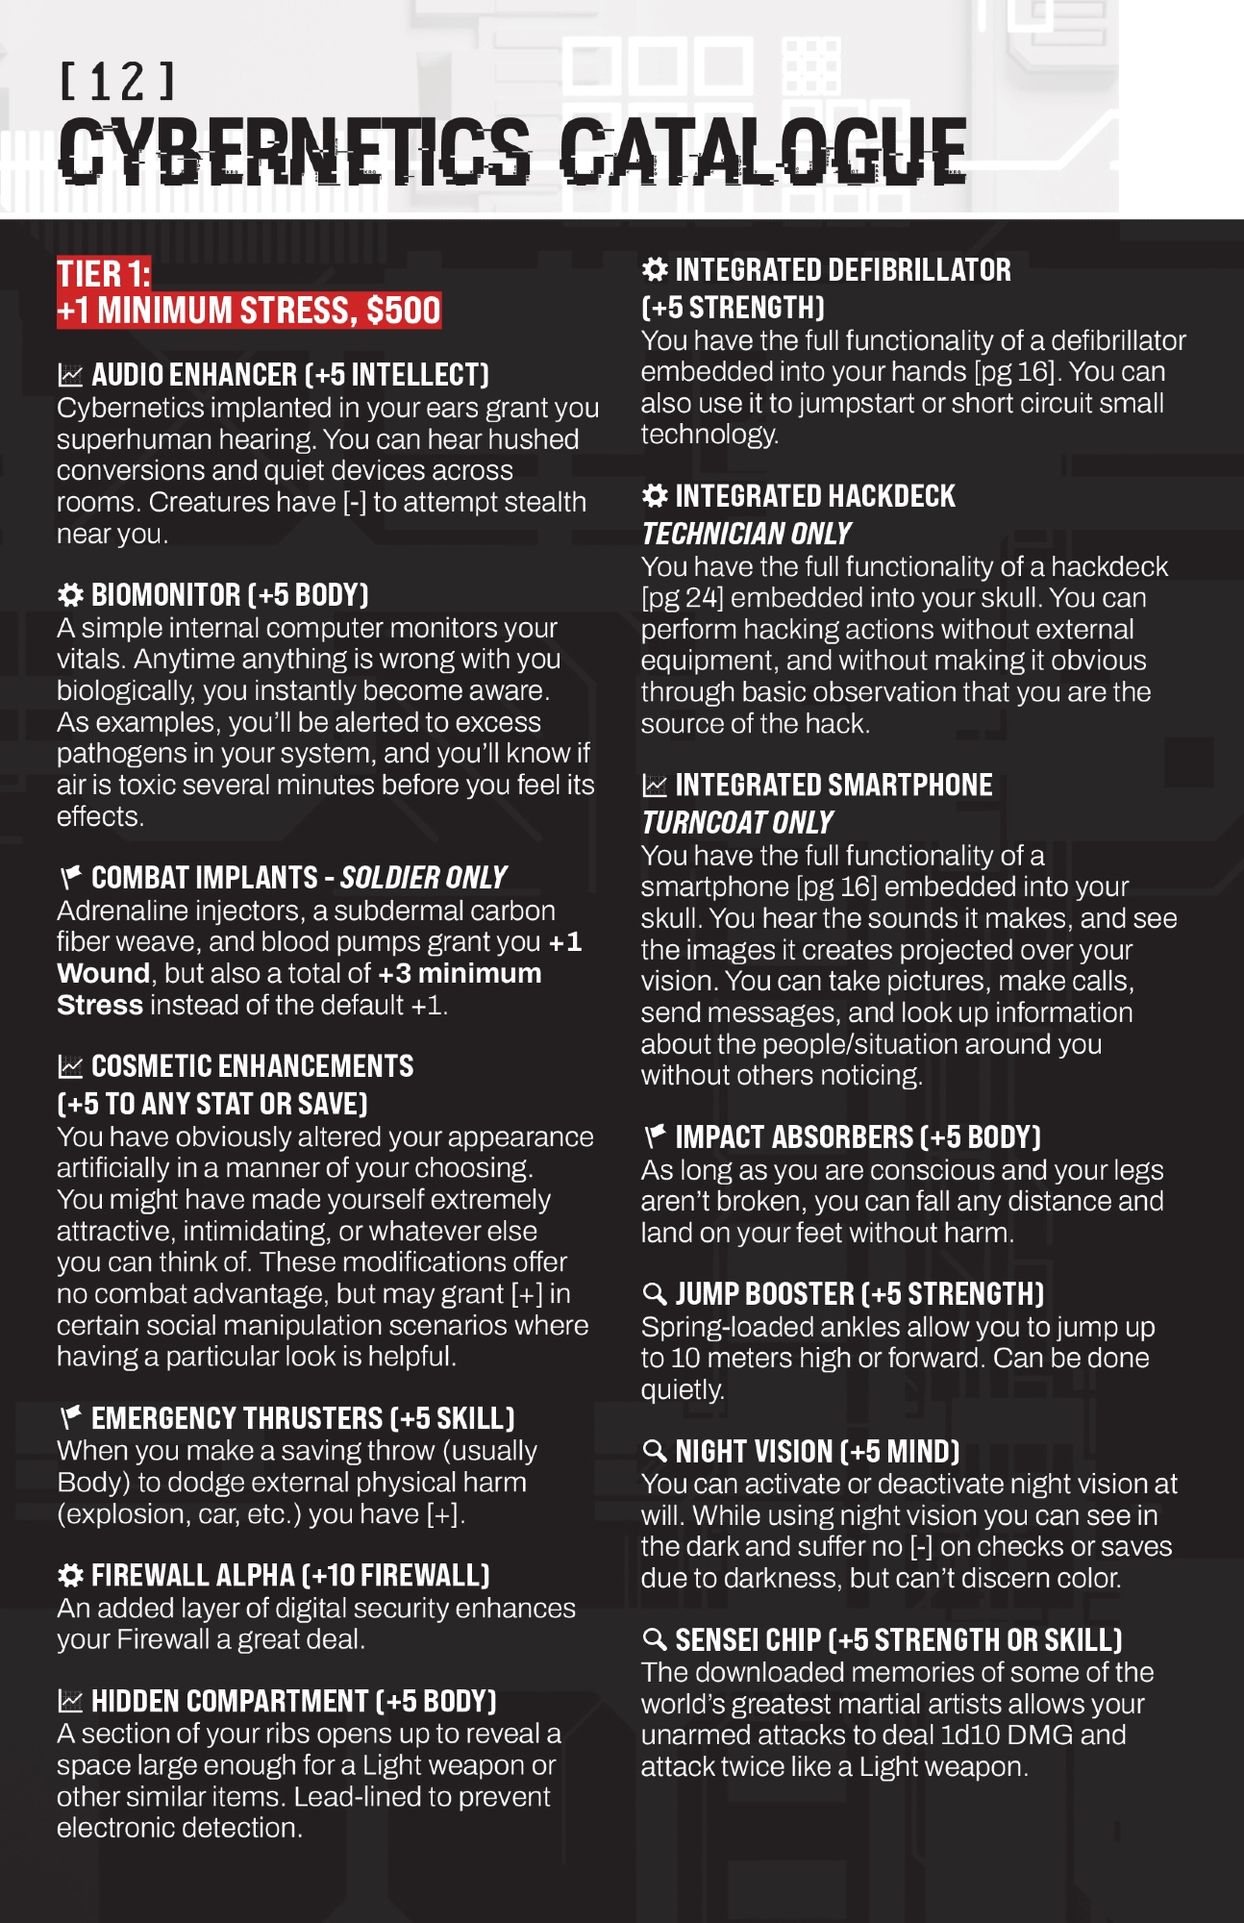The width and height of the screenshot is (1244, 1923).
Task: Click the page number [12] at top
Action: pyautogui.click(x=117, y=82)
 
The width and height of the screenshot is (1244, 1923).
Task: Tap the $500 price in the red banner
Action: pyautogui.click(x=403, y=311)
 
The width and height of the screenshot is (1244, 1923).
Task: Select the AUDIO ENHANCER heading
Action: pyautogui.click(x=289, y=374)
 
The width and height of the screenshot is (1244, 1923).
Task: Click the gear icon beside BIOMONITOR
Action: pyautogui.click(x=70, y=595)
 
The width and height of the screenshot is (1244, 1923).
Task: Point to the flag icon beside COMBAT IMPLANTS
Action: pyautogui.click(x=70, y=877)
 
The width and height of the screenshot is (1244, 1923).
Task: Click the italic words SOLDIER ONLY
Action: pyautogui.click(x=423, y=878)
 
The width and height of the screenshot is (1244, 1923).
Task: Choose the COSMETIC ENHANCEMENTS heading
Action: pyautogui.click(x=252, y=1066)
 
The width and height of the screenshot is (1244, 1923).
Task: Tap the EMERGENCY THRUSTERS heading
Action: pyautogui.click(x=302, y=1418)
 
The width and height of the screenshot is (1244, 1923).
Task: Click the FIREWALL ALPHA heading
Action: pyautogui.click(x=289, y=1575)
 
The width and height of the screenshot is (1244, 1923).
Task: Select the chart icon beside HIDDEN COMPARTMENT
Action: pyautogui.click(x=70, y=1701)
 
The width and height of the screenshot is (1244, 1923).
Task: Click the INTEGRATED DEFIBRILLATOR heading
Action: pyautogui.click(x=842, y=270)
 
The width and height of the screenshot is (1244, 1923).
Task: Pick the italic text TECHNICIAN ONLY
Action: pyautogui.click(x=746, y=534)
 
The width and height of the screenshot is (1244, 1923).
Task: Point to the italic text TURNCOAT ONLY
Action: pyautogui.click(x=737, y=823)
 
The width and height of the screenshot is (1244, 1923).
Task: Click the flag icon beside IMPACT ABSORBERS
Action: pyautogui.click(x=655, y=1136)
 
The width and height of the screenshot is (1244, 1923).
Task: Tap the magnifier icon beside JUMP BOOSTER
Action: pyautogui.click(x=655, y=1294)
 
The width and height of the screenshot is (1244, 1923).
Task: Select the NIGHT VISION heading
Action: pyautogui.click(x=816, y=1451)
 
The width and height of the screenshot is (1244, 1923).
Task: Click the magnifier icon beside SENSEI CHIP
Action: pyautogui.click(x=655, y=1639)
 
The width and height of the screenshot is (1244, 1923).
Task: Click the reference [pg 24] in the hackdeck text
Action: pyautogui.click(x=682, y=598)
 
